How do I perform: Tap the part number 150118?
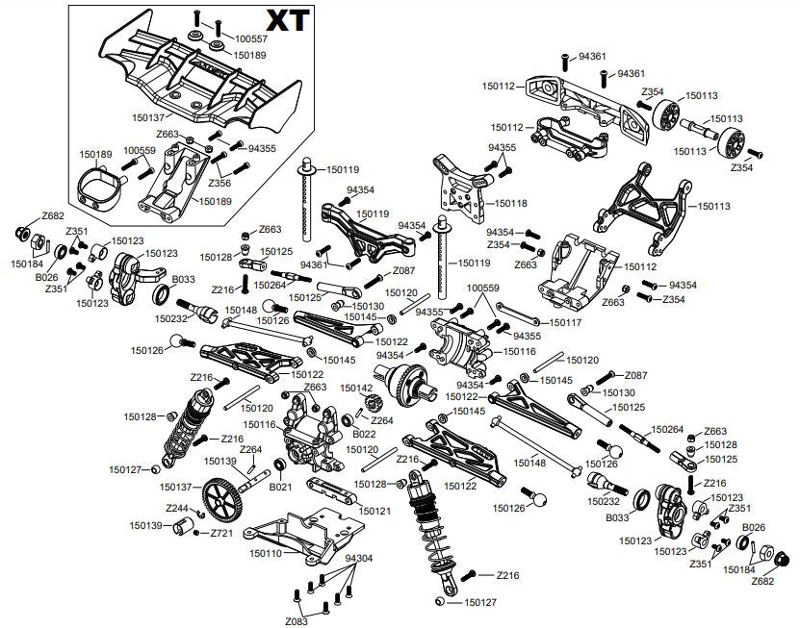(511, 204)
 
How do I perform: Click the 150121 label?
(376, 510)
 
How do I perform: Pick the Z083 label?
(296, 621)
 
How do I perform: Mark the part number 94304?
(359, 558)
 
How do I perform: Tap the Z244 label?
(176, 508)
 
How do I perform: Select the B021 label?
(281, 488)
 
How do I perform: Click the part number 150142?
(356, 388)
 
